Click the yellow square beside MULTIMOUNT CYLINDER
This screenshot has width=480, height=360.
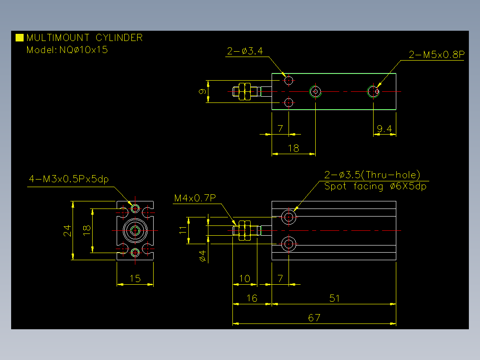point(20,37)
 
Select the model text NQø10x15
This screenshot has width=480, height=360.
point(84,49)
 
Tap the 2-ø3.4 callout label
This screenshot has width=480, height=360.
point(245,51)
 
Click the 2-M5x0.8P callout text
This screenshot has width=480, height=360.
point(437,54)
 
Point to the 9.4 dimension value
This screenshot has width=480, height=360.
point(385,128)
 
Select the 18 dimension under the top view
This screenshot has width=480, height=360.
point(293,148)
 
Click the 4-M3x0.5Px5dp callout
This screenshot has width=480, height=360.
point(69,179)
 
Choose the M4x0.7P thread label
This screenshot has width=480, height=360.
point(195,198)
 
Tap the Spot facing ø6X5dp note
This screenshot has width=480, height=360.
point(375,186)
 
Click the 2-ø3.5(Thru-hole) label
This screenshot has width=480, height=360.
point(372,175)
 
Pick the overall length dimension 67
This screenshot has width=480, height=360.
point(314,318)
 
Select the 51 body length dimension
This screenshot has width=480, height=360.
point(334,298)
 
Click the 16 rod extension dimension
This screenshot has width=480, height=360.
point(252,298)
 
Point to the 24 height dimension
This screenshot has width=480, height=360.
point(67,231)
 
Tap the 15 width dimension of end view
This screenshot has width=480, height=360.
point(135,278)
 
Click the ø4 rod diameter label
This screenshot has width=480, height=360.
point(202,256)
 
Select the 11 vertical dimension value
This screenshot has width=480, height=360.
point(183,230)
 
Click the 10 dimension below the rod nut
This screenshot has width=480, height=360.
point(244,278)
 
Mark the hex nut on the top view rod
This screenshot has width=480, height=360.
point(244,91)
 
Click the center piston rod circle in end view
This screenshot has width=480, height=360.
point(135,230)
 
